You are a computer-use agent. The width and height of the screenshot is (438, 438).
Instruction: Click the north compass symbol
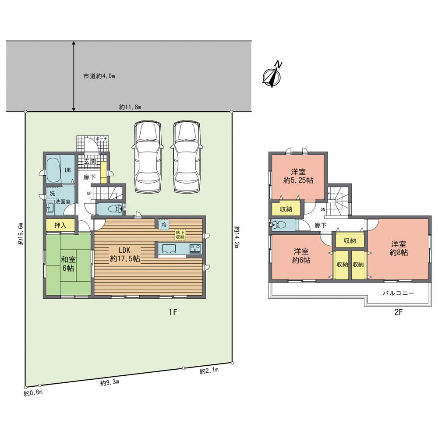point(272,75)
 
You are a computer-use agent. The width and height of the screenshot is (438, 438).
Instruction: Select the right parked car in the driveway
point(187,156)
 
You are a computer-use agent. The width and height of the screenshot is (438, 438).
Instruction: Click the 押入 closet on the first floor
point(60,226)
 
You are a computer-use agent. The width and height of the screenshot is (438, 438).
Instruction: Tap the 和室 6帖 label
point(67,262)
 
